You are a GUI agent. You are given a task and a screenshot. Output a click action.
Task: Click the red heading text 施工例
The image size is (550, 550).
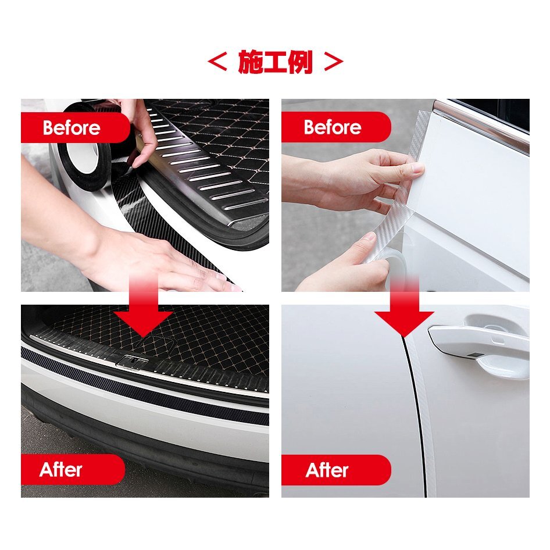coord(275,62)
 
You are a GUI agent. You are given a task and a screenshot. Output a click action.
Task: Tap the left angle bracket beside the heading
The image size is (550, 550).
coord(217,62)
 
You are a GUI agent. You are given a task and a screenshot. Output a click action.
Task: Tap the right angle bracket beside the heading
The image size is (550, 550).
coord(333,62)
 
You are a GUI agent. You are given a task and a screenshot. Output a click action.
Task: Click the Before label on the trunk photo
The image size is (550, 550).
coord(72,128)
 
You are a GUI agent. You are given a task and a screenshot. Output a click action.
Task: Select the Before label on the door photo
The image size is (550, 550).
coord(333,127)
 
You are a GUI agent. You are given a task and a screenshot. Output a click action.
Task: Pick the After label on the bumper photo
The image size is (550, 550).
coord(61,470)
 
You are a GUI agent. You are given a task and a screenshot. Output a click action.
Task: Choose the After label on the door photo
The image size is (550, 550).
coord(327,470)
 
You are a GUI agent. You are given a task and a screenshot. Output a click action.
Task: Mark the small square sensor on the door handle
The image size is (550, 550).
coord(475,355)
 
